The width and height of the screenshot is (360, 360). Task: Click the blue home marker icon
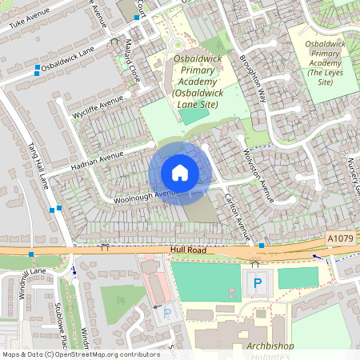[x=180, y=173]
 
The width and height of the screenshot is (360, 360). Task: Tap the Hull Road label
[x=189, y=250]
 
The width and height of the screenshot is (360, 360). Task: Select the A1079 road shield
[x=339, y=239]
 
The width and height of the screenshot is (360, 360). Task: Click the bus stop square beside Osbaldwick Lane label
[x=37, y=73]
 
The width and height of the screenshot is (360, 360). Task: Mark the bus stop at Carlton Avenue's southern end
[x=262, y=245]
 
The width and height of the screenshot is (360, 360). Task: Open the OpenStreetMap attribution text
[x=81, y=354]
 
